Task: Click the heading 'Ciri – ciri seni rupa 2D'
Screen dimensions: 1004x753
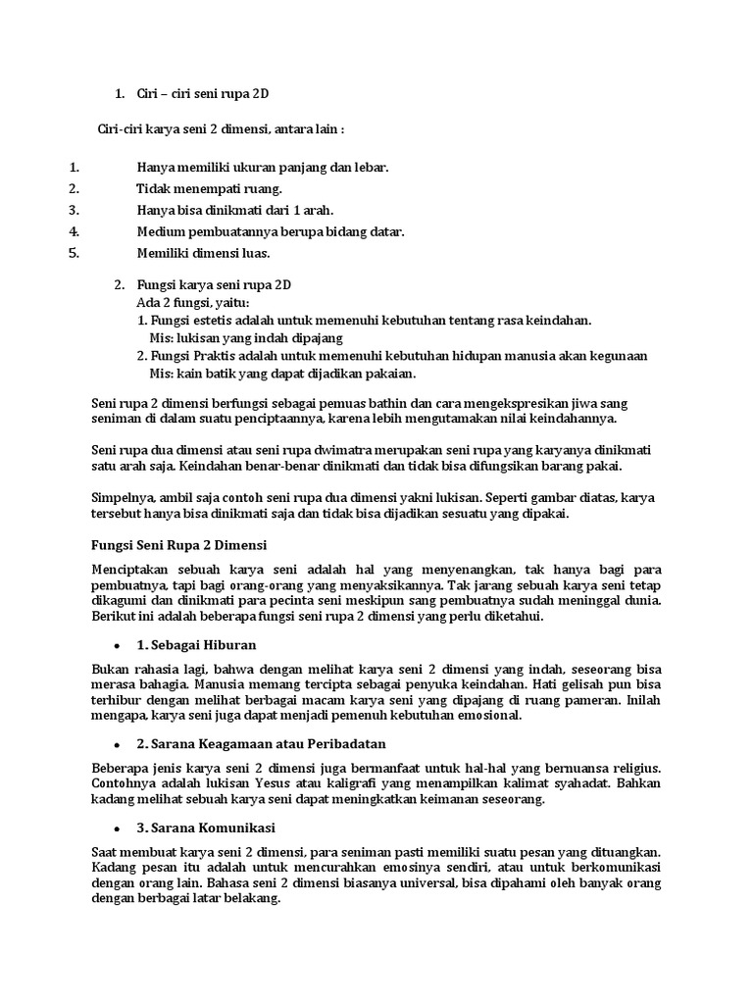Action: (202, 94)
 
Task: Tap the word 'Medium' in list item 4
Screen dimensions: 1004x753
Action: (160, 231)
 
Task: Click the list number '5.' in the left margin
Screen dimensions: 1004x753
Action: (72, 253)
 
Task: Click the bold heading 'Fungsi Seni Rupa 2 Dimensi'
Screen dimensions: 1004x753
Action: (178, 544)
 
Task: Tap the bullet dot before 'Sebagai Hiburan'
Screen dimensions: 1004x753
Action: (118, 645)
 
